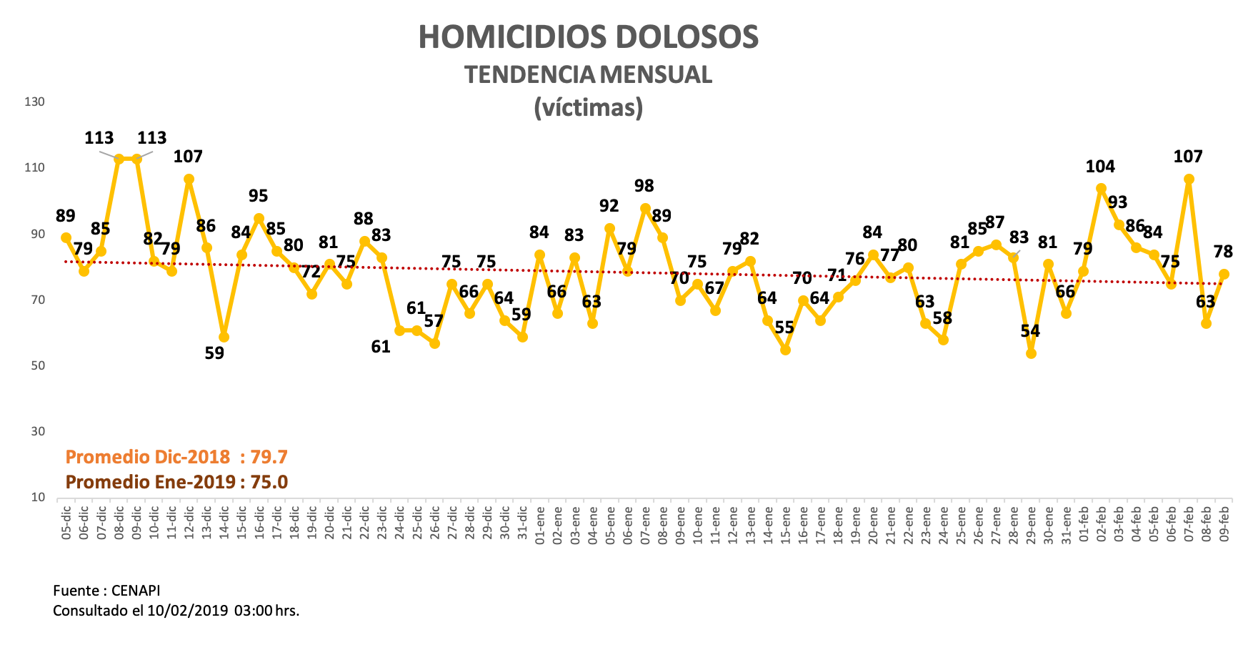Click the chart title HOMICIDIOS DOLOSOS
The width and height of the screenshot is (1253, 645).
588,37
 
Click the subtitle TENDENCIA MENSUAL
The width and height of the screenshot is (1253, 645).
588,74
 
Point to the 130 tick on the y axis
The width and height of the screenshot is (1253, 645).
34,102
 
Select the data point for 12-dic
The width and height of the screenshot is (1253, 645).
189,179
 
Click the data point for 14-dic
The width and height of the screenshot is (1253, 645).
224,337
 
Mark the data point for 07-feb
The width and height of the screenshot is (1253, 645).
1189,179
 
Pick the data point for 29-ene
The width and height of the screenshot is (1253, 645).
1031,353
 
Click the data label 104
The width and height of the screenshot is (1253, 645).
1100,167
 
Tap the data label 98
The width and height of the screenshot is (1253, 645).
644,186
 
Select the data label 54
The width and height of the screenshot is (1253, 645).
1030,331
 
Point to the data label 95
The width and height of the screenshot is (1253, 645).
259,196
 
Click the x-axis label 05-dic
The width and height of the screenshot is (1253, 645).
66,524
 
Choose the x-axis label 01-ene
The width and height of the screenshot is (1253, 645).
540,524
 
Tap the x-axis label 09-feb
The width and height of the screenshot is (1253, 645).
1224,524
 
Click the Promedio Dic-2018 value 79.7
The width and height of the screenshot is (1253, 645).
269,457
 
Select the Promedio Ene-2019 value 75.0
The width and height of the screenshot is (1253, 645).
269,482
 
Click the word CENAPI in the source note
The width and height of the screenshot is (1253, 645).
136,591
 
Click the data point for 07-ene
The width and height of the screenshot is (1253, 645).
645,209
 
